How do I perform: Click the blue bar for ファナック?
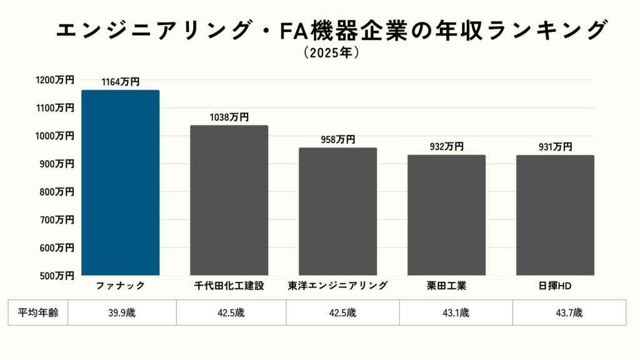click(121, 182)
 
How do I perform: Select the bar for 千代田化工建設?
click(229, 200)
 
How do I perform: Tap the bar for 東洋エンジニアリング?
click(338, 211)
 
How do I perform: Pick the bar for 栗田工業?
click(446, 215)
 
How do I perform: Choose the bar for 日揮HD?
click(555, 215)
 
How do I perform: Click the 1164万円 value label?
click(121, 82)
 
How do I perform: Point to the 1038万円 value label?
click(229, 117)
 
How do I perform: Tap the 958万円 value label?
click(338, 140)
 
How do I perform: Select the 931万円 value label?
click(555, 147)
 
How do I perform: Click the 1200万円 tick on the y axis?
click(54, 80)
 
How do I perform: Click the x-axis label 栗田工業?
click(446, 286)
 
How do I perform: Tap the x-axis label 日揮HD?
click(555, 286)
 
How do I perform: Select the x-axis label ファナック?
click(121, 286)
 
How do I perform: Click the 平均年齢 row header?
click(38, 312)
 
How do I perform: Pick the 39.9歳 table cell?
click(121, 312)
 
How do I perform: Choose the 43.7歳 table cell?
click(569, 312)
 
